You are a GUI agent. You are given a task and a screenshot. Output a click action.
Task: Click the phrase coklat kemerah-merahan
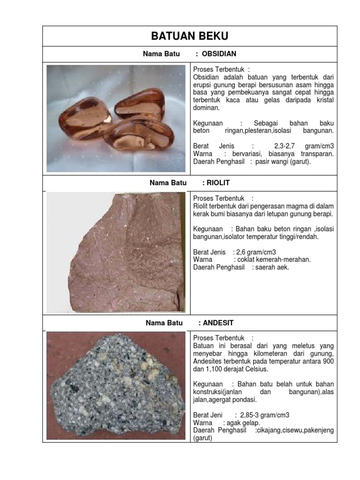[x=274, y=260]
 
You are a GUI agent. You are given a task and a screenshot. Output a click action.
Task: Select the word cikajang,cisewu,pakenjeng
[x=296, y=430]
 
